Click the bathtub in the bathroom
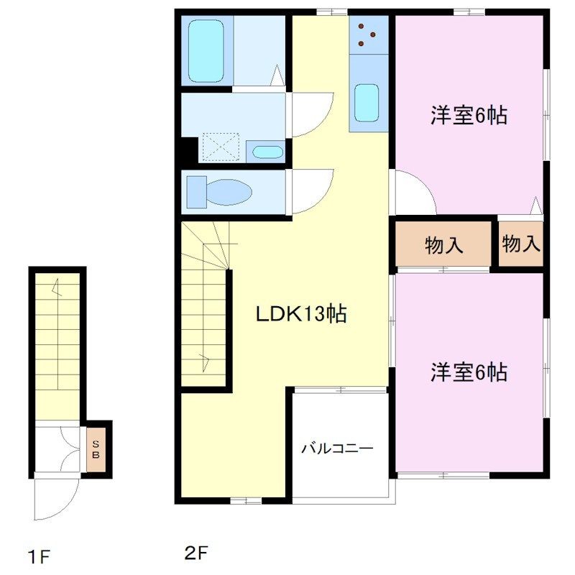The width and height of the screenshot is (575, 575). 206,50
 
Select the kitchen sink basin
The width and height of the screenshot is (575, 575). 367,103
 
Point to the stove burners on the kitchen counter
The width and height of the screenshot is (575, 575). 367,34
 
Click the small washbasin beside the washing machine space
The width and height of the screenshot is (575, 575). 268,152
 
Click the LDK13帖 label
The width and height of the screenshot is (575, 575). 300,314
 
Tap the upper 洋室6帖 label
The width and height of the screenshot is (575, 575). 469,115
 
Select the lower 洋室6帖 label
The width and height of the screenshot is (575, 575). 469,372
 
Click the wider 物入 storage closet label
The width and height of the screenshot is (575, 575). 444,245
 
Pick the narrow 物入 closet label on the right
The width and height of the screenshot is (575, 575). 521,244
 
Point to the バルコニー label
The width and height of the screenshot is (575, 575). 337,448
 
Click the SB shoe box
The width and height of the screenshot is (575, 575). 96,450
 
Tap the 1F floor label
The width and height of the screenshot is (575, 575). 39,557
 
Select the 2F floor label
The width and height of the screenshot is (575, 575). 196,552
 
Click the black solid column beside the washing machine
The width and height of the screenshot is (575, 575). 189,150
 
